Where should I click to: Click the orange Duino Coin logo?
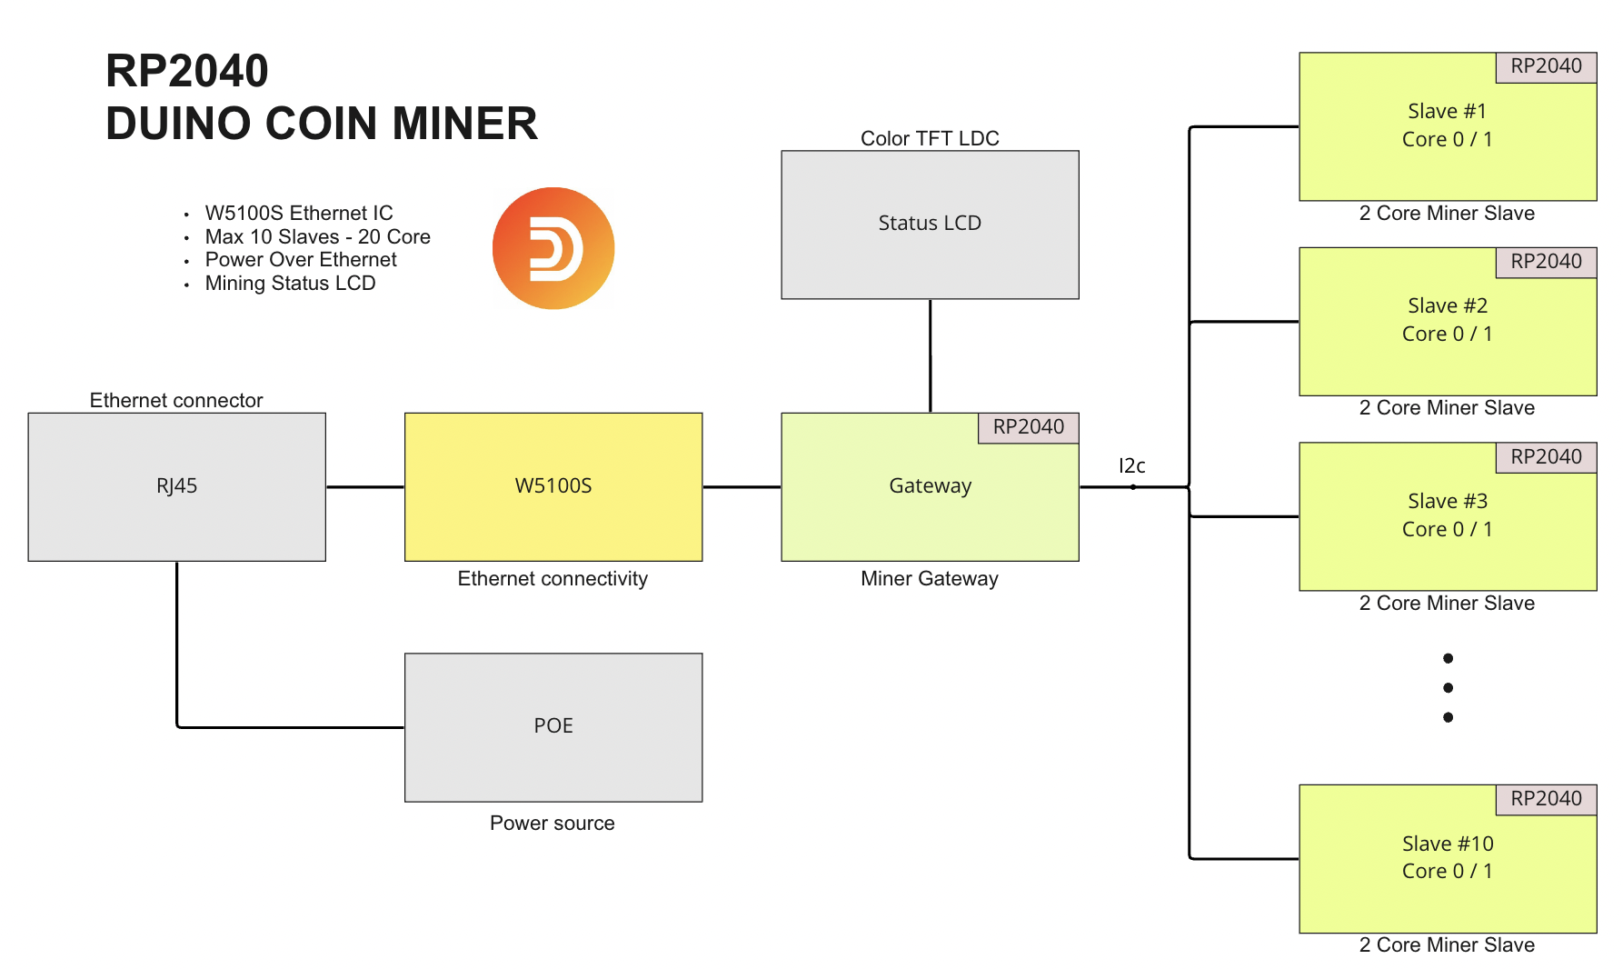553,248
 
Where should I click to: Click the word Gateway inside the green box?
930,486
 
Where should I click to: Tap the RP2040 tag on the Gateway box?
1028,427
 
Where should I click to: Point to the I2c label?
1131,465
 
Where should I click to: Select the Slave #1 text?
1447,111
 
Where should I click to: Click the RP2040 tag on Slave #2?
1546,262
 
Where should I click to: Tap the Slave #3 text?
1447,501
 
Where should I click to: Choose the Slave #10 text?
1447,844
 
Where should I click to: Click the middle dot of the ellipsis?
1448,688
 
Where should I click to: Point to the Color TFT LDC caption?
930,138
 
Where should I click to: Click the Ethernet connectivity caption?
553,579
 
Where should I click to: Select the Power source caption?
553,823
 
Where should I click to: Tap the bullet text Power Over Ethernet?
301,260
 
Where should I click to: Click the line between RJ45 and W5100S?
364,487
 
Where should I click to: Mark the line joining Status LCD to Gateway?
930,355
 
